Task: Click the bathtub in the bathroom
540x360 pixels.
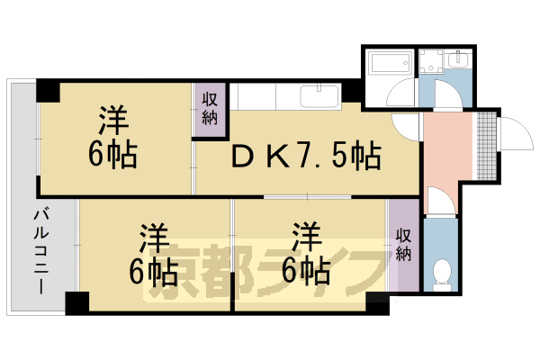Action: coord(388,65)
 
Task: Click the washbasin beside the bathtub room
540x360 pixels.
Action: coord(460,59)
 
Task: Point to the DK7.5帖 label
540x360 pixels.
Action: coord(306,156)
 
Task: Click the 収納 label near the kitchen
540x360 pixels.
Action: coord(210,108)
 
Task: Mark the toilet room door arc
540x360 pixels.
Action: coord(436,200)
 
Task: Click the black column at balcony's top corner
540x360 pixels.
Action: coord(47,91)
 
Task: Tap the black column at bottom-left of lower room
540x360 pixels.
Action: coord(76,302)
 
